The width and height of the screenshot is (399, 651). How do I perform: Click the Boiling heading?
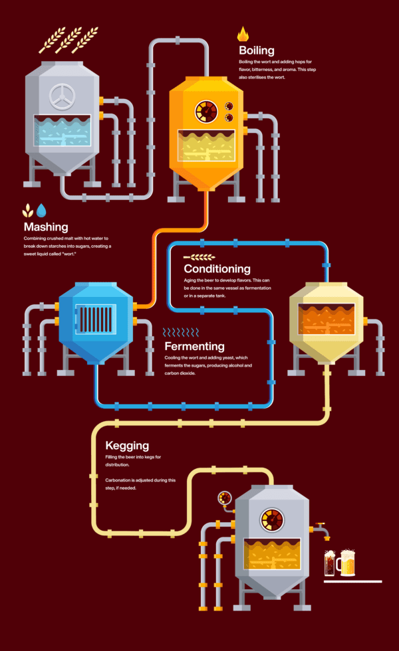[x=257, y=50]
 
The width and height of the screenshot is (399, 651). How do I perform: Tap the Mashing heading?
[x=46, y=227]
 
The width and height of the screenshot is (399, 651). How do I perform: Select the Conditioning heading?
[x=217, y=269]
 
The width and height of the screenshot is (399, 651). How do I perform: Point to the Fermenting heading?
[x=194, y=346]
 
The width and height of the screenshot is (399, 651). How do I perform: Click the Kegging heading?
[x=127, y=446]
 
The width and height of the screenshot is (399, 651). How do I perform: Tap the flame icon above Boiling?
[x=243, y=35]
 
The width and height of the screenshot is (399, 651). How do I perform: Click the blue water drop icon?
[x=42, y=211]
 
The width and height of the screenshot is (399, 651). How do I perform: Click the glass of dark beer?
[x=329, y=564]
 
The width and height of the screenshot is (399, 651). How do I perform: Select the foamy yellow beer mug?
[x=347, y=563]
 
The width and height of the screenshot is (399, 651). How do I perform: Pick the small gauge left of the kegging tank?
[x=224, y=497]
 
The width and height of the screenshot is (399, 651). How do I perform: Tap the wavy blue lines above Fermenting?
[x=181, y=331]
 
